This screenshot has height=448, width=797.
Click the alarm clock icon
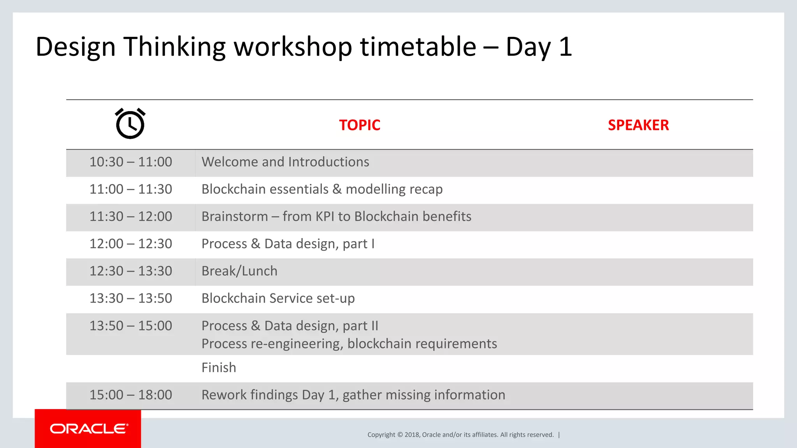coord(130,124)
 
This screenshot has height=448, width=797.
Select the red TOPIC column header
coord(359,125)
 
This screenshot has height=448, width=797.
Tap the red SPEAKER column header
coord(638,125)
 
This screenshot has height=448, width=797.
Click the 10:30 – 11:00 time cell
coord(131,162)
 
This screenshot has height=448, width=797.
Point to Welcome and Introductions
coord(285,162)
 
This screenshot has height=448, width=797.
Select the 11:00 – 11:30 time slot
coord(131,189)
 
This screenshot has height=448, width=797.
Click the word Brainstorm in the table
coord(235,217)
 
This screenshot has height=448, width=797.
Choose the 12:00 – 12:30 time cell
coord(131,244)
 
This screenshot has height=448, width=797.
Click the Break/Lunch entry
coord(239,271)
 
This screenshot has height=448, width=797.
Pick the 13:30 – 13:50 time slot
coord(131,298)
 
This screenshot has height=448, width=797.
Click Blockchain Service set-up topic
coord(278,298)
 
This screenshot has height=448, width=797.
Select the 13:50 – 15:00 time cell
coord(131,326)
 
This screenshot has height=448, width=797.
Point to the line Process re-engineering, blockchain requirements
coord(349,344)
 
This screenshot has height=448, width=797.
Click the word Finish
coord(219,367)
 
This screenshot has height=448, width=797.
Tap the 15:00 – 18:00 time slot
coord(131,395)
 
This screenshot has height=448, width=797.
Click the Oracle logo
coord(88,429)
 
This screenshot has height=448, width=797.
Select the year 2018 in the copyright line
coord(412,435)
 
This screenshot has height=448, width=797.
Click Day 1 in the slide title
coord(539,47)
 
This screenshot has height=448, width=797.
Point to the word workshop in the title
coord(293,47)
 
